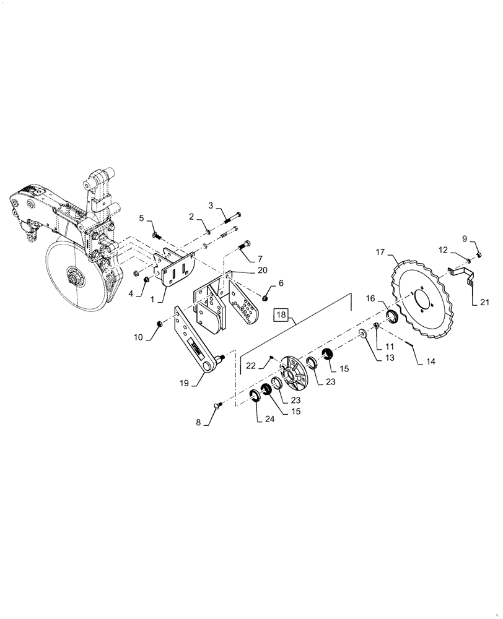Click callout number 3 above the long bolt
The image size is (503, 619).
(211, 205)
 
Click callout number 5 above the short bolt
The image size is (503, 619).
(141, 218)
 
